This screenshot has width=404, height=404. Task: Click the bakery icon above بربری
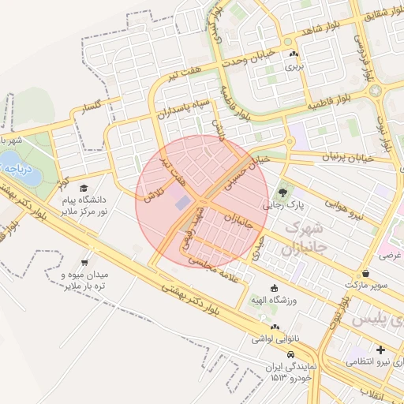point(294,54)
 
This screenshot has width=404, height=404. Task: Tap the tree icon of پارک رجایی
point(282,191)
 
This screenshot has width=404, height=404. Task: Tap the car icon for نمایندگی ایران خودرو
point(292,355)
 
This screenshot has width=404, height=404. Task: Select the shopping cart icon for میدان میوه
point(84,262)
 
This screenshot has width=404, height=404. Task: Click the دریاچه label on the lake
point(16,167)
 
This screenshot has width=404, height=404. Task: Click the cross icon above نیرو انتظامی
point(380,350)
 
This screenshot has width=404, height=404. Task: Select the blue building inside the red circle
point(182,203)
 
